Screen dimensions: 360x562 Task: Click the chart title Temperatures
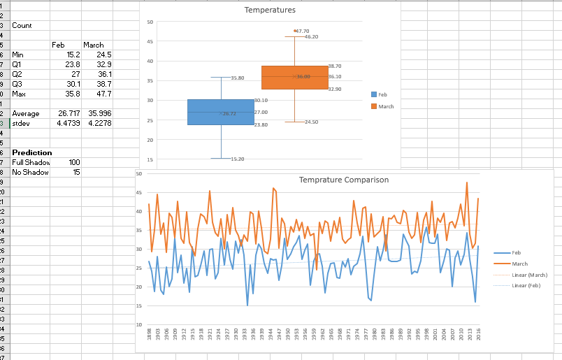pos(270,10)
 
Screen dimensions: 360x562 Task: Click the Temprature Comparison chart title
pos(344,180)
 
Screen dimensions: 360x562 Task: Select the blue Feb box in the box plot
pos(220,112)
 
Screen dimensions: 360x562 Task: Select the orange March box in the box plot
pos(294,77)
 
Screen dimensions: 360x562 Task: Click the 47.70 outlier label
pos(302,31)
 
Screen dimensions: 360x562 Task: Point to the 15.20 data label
pos(237,159)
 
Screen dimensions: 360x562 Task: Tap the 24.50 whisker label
pos(311,122)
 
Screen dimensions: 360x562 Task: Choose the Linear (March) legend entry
pos(529,275)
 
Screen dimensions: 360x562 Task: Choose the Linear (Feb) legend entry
pos(526,286)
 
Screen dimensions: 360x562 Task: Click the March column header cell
pos(93,45)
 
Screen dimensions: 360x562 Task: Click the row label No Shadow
pos(30,172)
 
